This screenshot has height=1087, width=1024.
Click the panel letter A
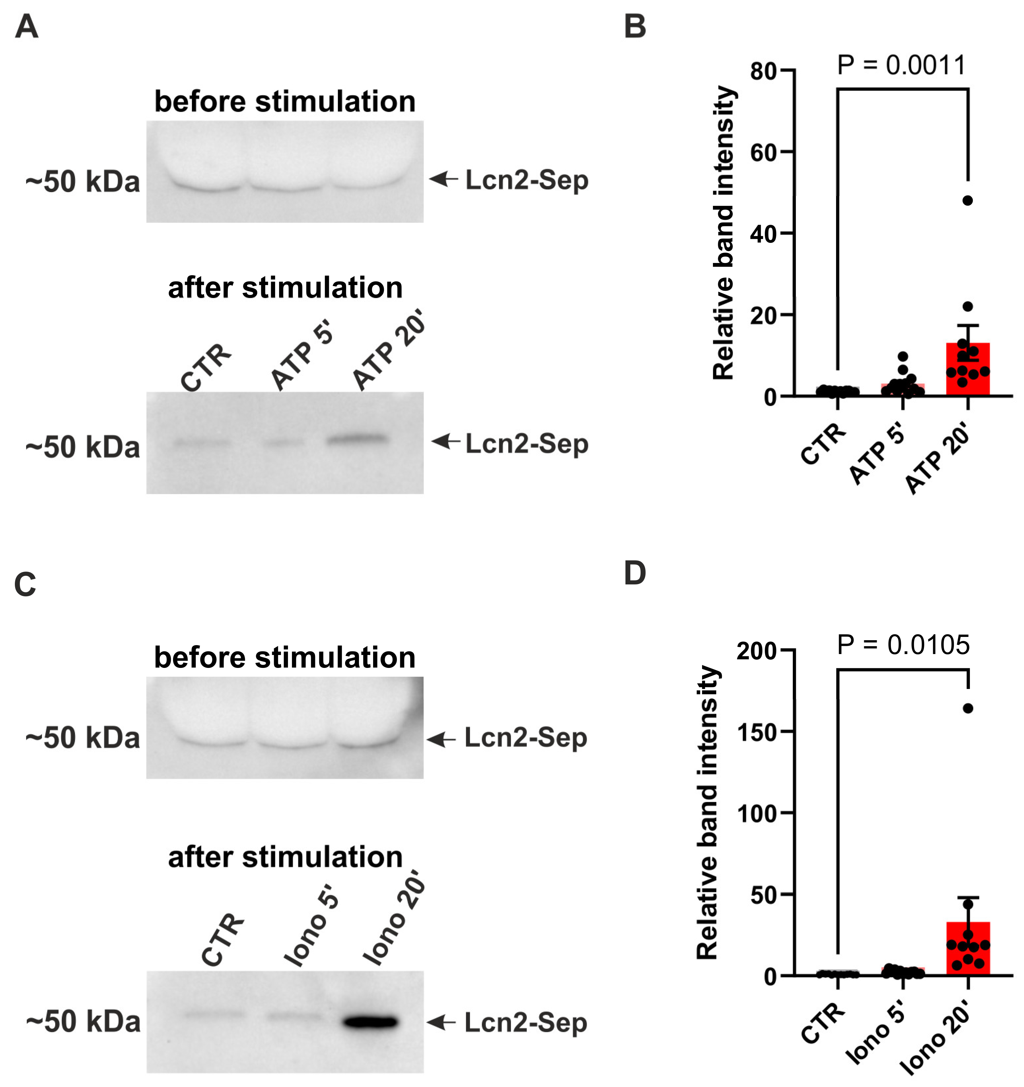click(x=26, y=26)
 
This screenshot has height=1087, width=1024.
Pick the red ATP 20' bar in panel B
click(x=968, y=377)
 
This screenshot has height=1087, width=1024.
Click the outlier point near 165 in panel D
click(x=968, y=708)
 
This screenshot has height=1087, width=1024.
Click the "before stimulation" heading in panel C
click(x=284, y=657)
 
